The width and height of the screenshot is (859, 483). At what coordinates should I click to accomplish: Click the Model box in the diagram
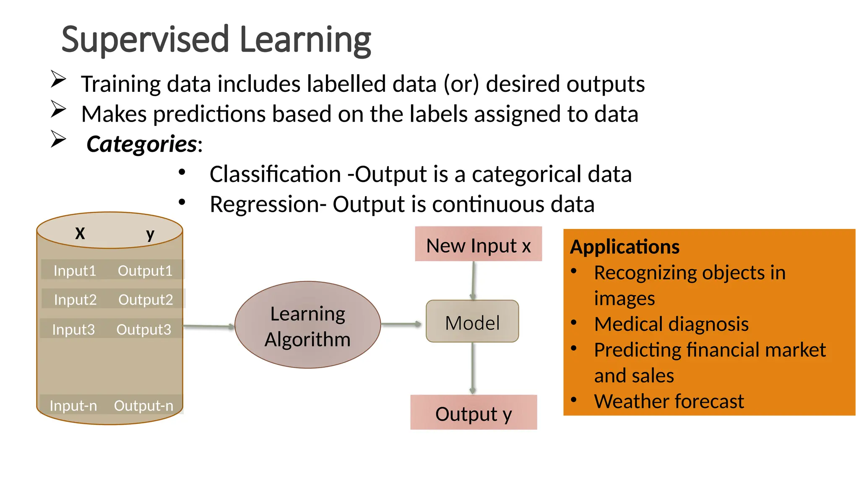tap(472, 322)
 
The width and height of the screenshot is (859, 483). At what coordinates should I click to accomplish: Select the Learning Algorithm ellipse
tap(307, 325)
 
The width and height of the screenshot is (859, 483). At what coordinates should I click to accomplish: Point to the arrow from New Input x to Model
tap(473, 280)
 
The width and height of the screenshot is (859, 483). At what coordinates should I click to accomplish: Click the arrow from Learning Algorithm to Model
tap(401, 324)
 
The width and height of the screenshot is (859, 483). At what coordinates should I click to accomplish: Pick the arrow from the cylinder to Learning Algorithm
tap(208, 326)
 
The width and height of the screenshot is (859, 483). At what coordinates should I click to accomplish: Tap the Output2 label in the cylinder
tap(146, 299)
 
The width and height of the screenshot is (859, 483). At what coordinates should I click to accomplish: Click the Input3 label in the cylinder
tap(73, 329)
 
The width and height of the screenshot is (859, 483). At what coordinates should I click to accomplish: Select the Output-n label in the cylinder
tap(143, 405)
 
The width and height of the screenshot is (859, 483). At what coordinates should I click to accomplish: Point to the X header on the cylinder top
tap(80, 234)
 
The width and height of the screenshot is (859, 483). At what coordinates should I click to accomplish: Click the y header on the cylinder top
tap(150, 234)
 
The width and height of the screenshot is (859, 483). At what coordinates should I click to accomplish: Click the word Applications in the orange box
tap(625, 247)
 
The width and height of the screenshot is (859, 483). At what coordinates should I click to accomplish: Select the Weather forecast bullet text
tap(669, 401)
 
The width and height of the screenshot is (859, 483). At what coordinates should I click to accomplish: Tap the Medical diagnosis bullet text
tap(671, 324)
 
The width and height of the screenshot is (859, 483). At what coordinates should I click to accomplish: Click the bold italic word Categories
tap(141, 144)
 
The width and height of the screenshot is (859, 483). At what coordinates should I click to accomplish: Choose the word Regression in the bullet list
tap(264, 205)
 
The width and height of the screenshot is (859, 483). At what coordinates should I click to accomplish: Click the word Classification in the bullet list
tap(275, 174)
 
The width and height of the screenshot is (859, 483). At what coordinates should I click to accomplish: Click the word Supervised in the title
tap(145, 40)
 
